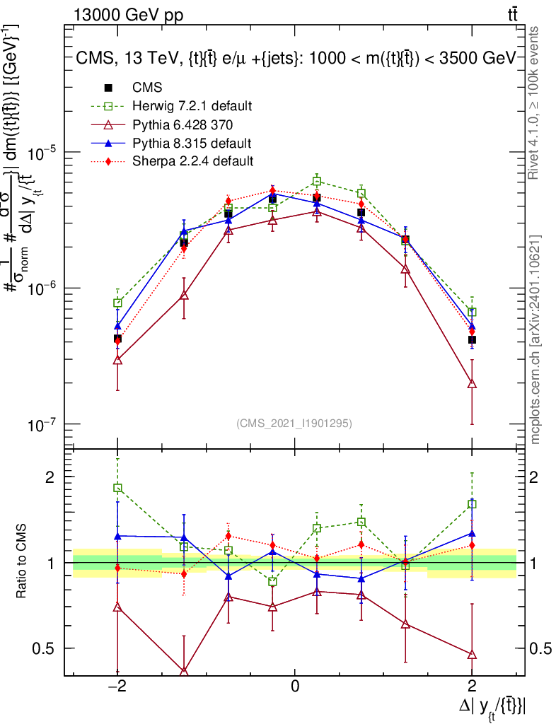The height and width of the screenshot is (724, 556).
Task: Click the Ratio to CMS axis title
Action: [x=23, y=562]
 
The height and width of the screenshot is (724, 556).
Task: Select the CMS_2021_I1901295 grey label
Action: [x=294, y=424]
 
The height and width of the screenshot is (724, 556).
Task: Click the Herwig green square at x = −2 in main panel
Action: [x=117, y=303]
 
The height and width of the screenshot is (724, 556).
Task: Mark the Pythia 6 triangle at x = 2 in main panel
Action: [x=472, y=384]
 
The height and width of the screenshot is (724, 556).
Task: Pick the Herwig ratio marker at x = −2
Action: [x=117, y=488]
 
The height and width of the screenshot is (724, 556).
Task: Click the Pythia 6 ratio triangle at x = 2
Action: [x=472, y=655]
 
